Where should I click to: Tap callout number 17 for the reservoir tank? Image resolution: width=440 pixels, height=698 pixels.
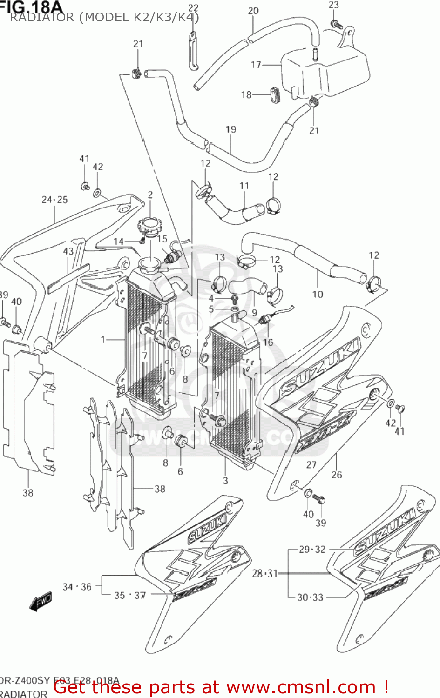[x=256, y=65]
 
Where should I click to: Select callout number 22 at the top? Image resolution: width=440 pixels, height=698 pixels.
[x=193, y=8]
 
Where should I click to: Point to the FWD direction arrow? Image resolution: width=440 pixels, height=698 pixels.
[x=41, y=601]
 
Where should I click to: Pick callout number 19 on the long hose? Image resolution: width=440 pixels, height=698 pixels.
[x=231, y=129]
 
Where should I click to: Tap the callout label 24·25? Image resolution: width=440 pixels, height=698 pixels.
[x=54, y=200]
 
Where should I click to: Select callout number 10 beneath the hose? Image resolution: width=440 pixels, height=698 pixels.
[x=318, y=294]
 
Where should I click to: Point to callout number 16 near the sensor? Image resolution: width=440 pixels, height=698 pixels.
[x=268, y=342]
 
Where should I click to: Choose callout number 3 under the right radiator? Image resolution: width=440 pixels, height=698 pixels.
[x=225, y=481]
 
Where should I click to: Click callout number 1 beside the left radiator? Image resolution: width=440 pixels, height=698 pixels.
[x=103, y=340]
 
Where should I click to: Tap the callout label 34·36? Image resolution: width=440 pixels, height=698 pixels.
[x=77, y=587]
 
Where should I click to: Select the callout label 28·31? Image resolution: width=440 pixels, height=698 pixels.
[x=265, y=574]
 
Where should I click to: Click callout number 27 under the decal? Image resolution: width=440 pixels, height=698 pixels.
[x=311, y=464]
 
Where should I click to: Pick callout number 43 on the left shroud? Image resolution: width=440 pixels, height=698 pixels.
[x=68, y=251]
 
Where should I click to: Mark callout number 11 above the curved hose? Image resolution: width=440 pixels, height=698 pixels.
[x=244, y=186]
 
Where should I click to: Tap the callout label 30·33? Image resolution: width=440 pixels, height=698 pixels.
[x=310, y=597]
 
